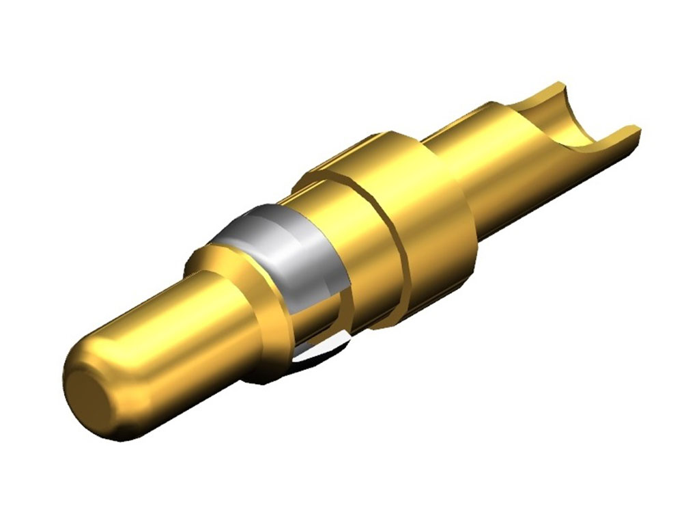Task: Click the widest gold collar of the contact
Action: [x=430, y=226]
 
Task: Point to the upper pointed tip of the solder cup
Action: [x=560, y=85]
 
